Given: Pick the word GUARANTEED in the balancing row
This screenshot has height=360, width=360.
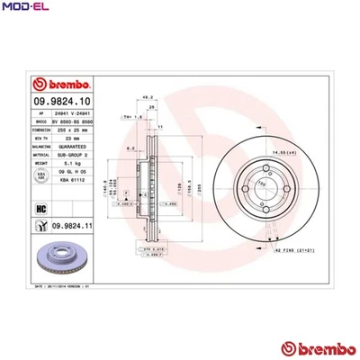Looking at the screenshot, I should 70,145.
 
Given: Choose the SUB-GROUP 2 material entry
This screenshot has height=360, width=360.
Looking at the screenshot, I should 70,155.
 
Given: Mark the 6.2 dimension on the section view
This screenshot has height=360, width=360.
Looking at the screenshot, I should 130,147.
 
